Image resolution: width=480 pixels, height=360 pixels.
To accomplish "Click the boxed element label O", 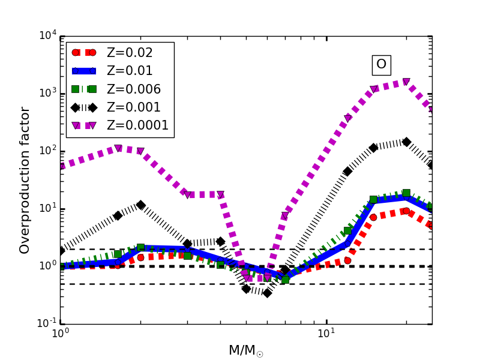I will pyautogui.click(x=381, y=64).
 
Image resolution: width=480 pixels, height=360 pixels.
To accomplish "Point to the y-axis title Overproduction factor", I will pyautogui.click(x=25, y=180).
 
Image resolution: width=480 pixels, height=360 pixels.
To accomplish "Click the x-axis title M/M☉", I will pyautogui.click(x=245, y=350).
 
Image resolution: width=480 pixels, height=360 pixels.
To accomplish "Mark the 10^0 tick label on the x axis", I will pyautogui.click(x=59, y=334).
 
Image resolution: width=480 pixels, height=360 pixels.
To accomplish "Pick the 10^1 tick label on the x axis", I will pyautogui.click(x=326, y=334).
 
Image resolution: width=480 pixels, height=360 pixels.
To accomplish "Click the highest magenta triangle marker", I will pyautogui.click(x=406, y=82).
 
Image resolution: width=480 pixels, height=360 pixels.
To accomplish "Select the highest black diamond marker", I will pyautogui.click(x=406, y=142).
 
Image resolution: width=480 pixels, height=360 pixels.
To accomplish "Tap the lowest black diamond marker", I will pyautogui.click(x=267, y=293).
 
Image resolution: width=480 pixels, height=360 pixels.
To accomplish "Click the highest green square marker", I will pyautogui.click(x=406, y=193).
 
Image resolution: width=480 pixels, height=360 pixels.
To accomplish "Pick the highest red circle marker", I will pyautogui.click(x=406, y=211).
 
